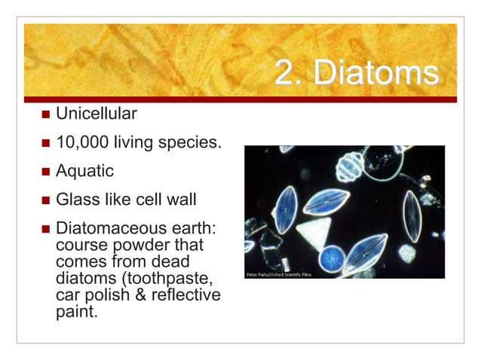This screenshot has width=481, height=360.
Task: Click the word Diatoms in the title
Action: [x=375, y=74]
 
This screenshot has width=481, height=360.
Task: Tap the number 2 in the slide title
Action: [x=284, y=74]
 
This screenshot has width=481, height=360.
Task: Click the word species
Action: [x=191, y=143]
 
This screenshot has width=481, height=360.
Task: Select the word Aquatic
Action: [x=85, y=171]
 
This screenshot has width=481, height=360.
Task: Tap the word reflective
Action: [x=185, y=294]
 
